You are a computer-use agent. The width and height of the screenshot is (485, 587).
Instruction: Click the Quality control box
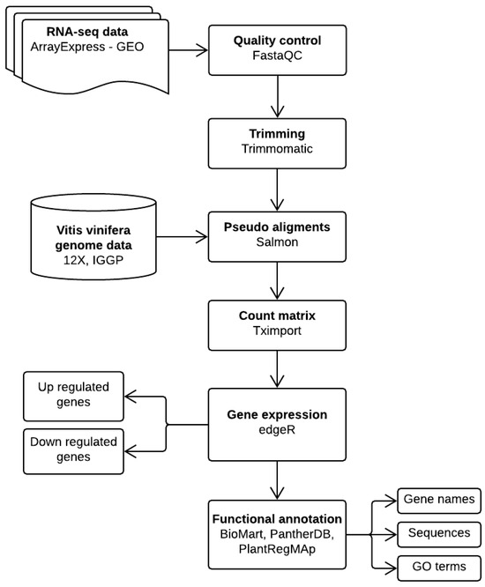279,49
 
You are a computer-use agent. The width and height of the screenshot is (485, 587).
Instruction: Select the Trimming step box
279,142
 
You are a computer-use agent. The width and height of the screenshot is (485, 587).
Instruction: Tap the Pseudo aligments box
279,235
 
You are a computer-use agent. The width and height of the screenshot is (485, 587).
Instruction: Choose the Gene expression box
279,421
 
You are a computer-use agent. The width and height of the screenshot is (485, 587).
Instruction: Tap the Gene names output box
438,500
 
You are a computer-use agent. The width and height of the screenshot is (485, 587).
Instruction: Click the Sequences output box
438,532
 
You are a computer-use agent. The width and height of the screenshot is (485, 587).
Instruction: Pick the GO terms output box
438,565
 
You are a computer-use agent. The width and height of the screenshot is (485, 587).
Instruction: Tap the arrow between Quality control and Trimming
279,98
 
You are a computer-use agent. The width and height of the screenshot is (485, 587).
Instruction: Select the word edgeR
279,429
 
